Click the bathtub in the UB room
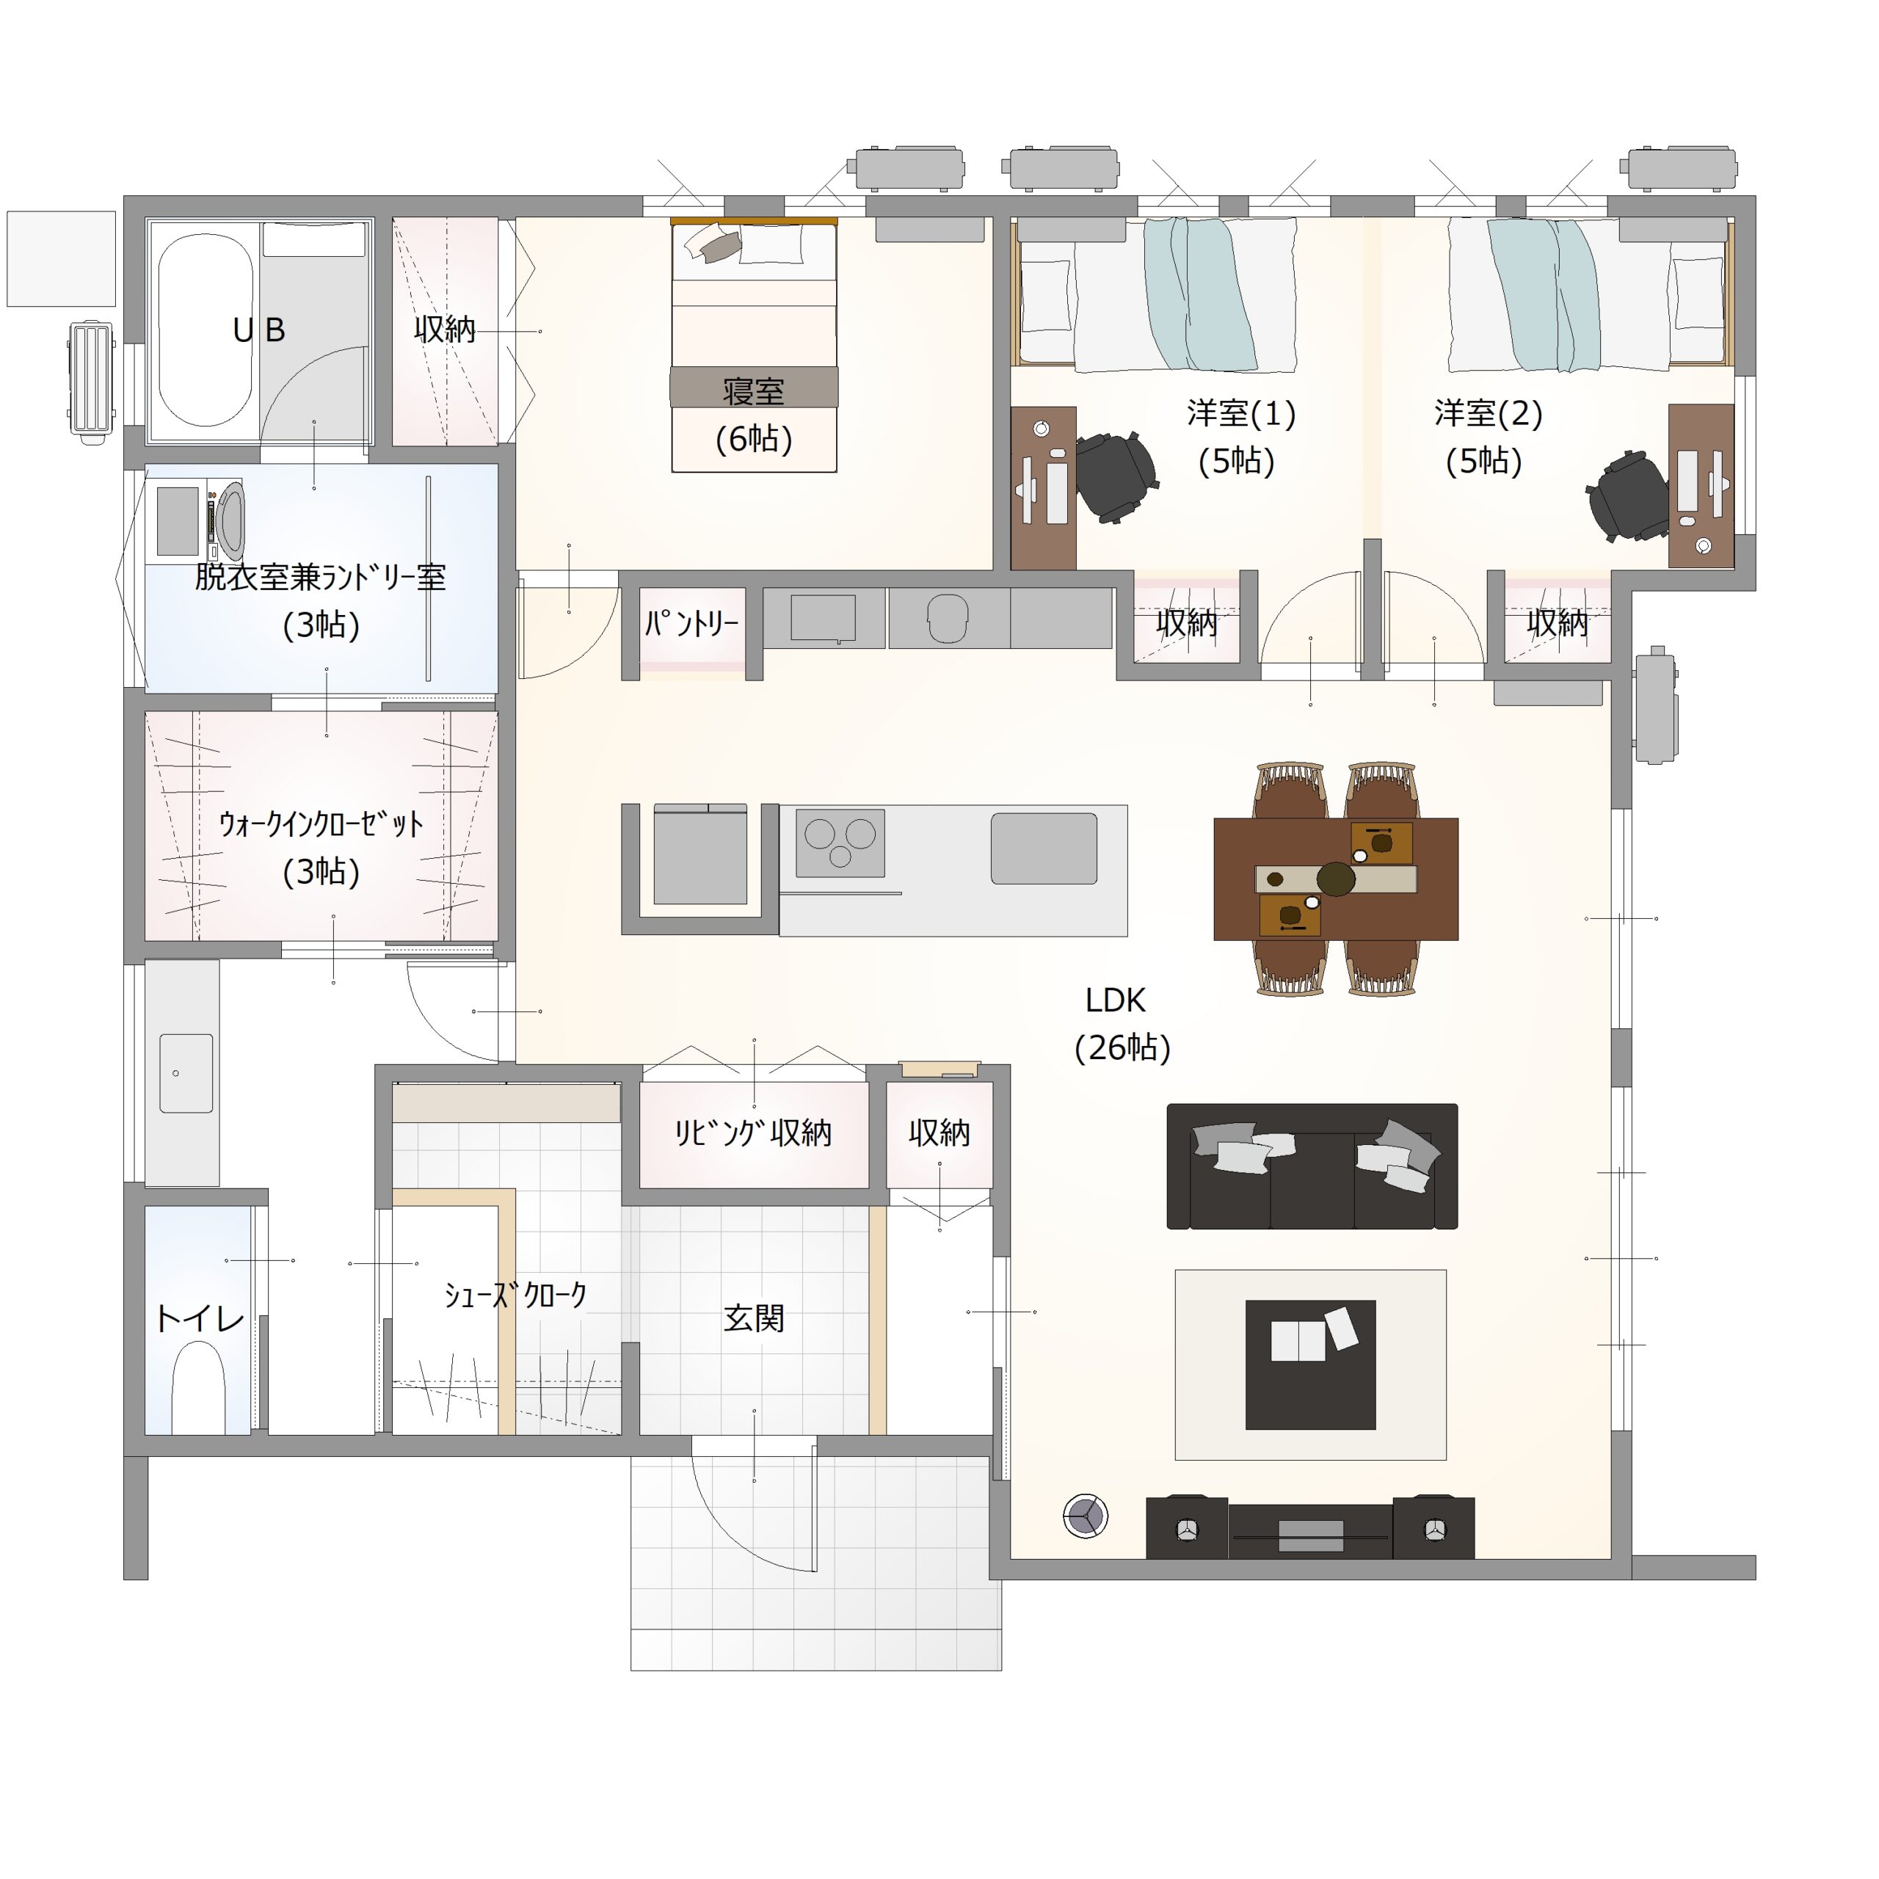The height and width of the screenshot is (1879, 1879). [x=206, y=329]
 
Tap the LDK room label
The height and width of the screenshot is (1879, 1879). [x=1115, y=1000]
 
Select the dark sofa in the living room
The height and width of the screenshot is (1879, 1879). [x=1312, y=1166]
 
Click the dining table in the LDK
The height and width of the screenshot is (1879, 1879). [x=1335, y=879]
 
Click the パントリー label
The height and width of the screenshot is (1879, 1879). [x=691, y=623]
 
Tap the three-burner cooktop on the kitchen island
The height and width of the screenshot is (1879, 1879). [x=840, y=842]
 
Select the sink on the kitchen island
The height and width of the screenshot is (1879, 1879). [x=1044, y=848]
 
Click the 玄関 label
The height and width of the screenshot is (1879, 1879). [x=754, y=1319]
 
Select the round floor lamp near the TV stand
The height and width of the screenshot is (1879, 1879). [x=1086, y=1515]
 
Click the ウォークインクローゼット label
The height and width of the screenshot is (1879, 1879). [x=321, y=825]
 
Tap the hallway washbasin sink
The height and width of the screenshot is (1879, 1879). [x=186, y=1073]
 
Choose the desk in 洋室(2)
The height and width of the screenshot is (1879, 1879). [x=1701, y=485]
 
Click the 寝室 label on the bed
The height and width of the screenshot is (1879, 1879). [x=754, y=391]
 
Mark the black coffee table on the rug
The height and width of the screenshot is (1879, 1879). [x=1310, y=1364]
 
